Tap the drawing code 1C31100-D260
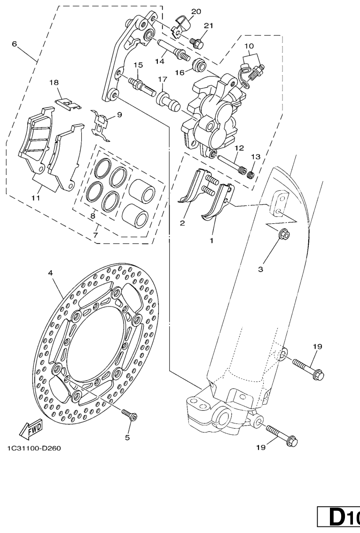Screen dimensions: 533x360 pyautogui.click(x=34, y=447)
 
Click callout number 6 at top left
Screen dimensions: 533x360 pyautogui.click(x=14, y=44)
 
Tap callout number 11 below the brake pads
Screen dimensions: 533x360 pyautogui.click(x=36, y=198)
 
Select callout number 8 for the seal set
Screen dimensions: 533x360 pyautogui.click(x=93, y=216)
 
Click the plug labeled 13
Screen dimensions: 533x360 pyautogui.click(x=252, y=175)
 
